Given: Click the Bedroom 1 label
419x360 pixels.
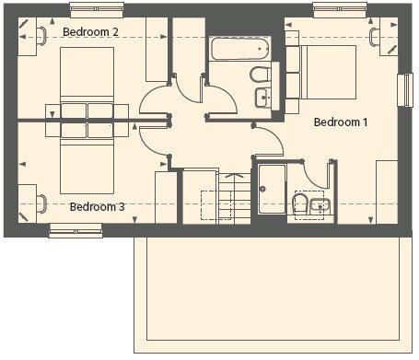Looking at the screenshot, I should tap(341, 122).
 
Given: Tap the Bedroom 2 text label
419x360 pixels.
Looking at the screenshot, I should tap(89, 31).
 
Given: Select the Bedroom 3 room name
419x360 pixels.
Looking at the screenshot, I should tap(97, 206).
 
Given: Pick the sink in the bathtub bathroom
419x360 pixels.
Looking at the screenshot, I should tap(262, 97).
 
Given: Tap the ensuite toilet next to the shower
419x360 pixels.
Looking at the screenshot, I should tap(297, 204).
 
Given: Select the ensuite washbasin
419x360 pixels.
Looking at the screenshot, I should tap(319, 205).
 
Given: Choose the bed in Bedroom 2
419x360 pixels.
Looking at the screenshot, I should tap(86, 81).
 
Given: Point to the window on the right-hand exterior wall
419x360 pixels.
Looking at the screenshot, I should tap(405, 89).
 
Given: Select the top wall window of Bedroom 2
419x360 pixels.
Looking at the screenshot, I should tap(95, 9).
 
